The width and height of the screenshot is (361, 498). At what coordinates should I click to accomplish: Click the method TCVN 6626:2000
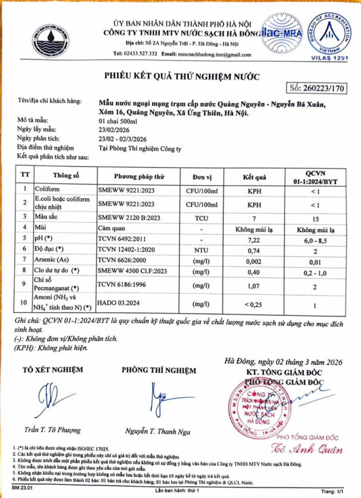pyautogui.click(x=127, y=261)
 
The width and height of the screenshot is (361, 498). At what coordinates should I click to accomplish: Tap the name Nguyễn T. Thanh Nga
pyautogui.click(x=154, y=432)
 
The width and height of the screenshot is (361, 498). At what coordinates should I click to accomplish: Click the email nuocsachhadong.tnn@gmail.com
pyautogui.click(x=215, y=54)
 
